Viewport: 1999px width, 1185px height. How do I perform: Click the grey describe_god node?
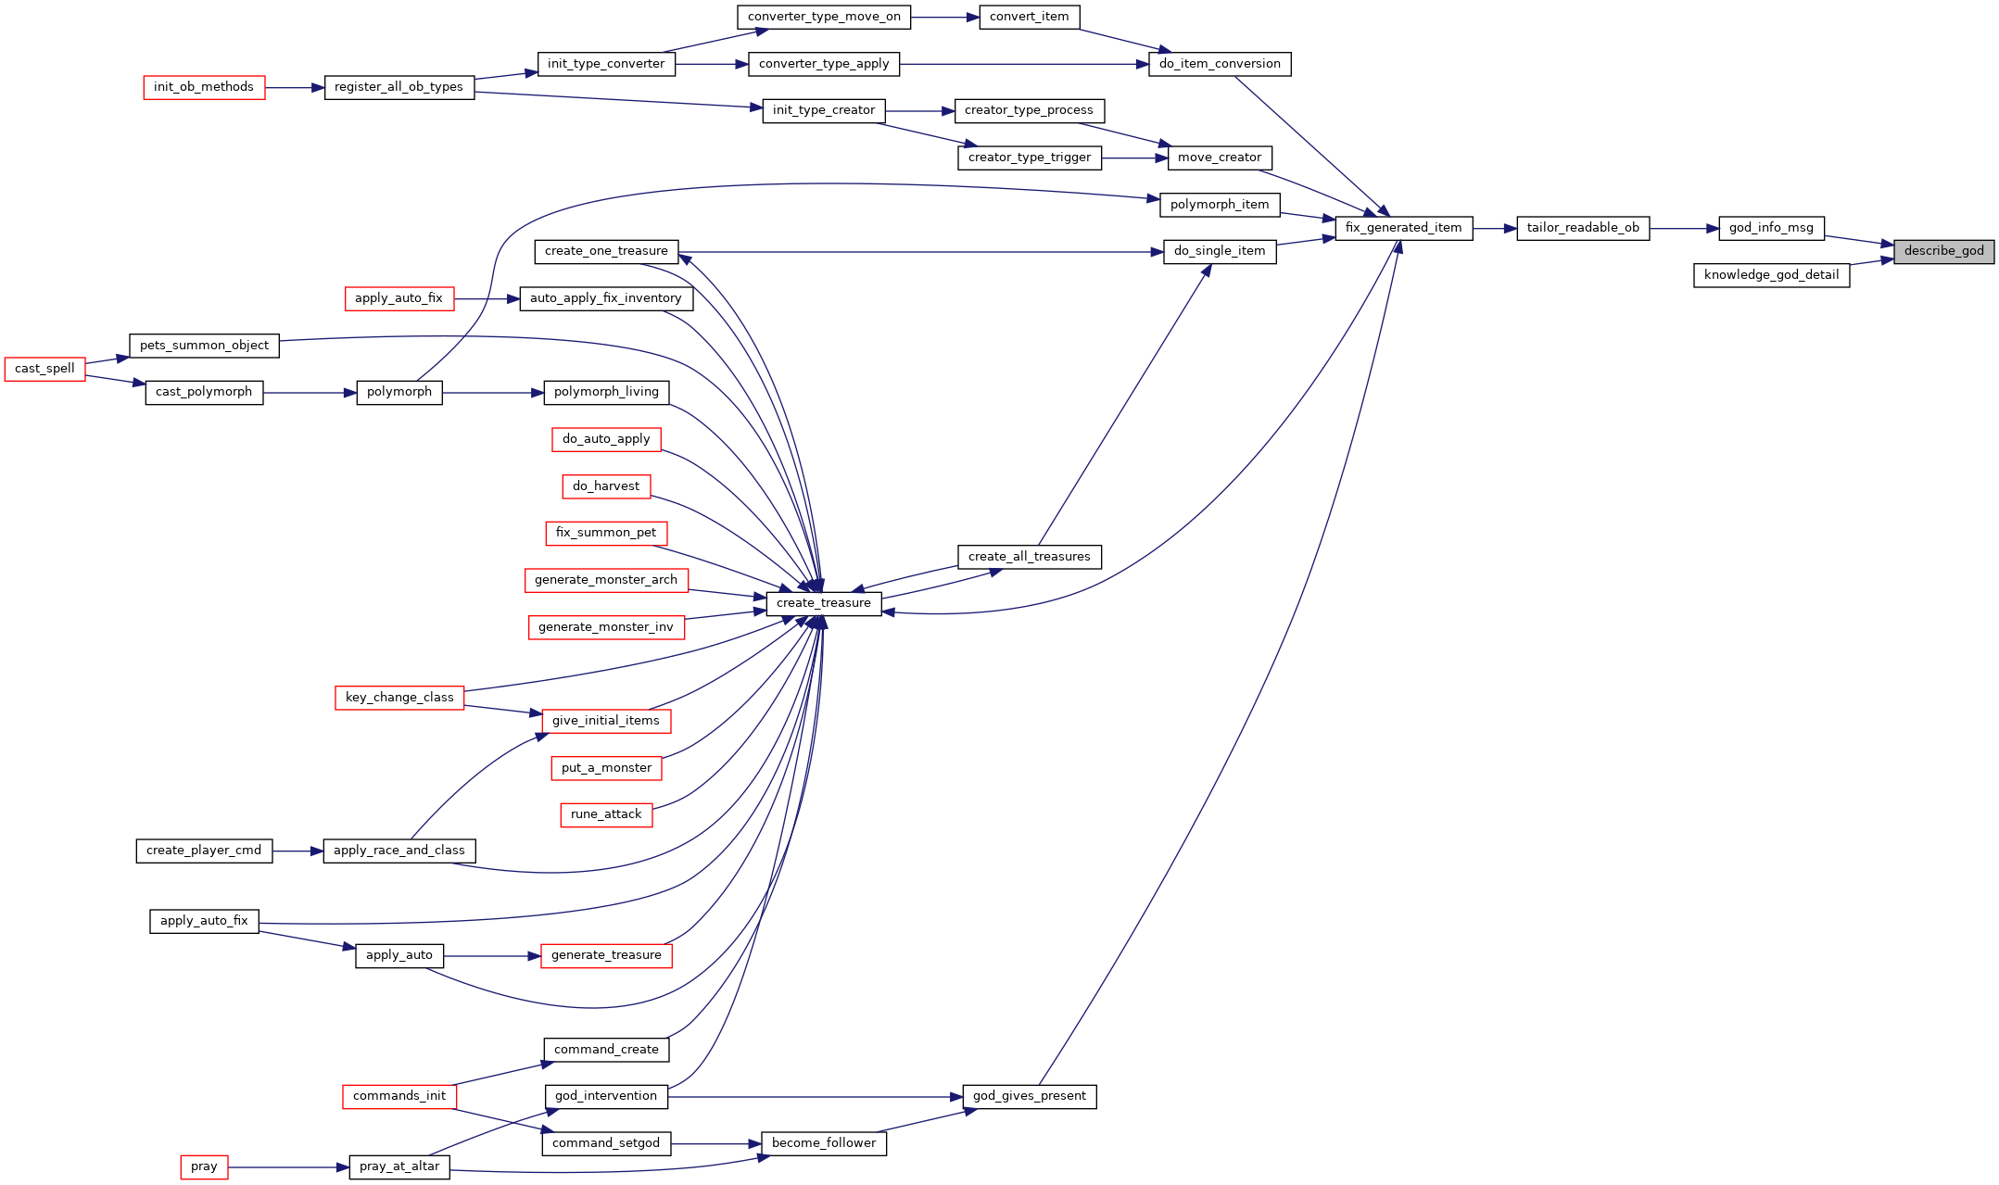tap(1943, 251)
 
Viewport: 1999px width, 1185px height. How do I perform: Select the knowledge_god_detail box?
tap(1771, 275)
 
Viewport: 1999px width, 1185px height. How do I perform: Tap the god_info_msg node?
tap(1771, 228)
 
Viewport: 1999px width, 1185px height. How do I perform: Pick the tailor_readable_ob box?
tap(1583, 228)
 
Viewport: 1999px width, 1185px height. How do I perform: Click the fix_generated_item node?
tap(1403, 228)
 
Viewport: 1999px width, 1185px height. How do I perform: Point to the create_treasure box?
tap(823, 603)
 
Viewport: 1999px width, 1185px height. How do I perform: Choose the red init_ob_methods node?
tap(204, 87)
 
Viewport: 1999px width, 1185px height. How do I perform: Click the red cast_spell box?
tap(44, 369)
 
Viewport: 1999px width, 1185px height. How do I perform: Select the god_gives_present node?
tap(1029, 1096)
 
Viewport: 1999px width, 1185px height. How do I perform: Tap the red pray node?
tap(204, 1166)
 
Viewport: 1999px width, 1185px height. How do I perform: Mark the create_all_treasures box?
tap(1029, 557)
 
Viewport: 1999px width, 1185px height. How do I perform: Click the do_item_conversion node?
tap(1220, 64)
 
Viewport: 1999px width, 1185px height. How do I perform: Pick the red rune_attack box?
tap(606, 814)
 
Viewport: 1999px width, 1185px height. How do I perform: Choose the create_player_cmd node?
tap(204, 851)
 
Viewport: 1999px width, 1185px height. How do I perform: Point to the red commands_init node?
tap(399, 1096)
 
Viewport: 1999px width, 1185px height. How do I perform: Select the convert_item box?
tap(1029, 17)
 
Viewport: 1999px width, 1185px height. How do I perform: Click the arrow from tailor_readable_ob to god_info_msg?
tap(1684, 228)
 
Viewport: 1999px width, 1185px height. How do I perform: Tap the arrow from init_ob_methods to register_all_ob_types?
tap(295, 88)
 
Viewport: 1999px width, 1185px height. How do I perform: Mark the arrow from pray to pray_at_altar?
tap(288, 1167)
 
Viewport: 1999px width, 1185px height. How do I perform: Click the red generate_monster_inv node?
tap(606, 627)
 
